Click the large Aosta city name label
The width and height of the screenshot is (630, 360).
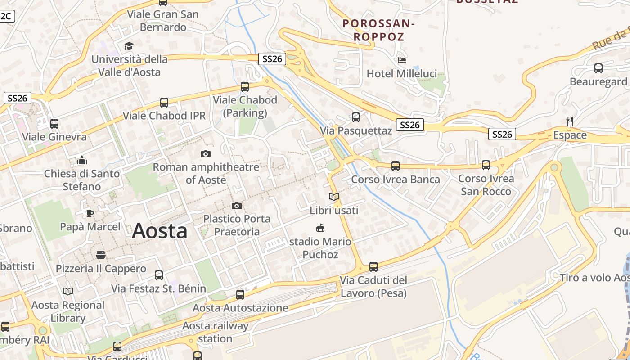coord(160,231)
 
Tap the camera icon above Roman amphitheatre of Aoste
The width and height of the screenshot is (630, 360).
coord(206,154)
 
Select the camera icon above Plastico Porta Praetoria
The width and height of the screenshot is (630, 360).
coord(237,206)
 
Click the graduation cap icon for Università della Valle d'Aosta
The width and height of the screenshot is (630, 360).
coord(129,46)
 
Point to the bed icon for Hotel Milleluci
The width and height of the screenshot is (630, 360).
coord(402,60)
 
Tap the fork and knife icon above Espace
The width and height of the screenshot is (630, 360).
coord(570,121)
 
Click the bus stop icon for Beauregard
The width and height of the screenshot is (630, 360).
coord(598,68)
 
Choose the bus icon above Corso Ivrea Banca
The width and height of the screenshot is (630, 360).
coord(396,166)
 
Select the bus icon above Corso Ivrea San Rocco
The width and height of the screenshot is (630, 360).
coord(486,165)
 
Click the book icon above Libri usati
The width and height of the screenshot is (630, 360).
coord(334,197)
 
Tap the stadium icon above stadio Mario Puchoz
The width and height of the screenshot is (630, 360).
coord(320,228)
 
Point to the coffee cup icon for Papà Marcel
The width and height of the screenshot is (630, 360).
coord(90,213)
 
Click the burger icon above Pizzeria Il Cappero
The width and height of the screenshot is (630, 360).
coord(101,256)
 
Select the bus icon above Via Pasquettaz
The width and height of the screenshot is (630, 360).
coord(356,117)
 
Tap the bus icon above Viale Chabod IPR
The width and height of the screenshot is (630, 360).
coord(164,103)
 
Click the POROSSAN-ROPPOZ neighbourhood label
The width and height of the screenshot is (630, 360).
coord(378,30)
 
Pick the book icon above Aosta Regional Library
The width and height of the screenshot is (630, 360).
coord(68,292)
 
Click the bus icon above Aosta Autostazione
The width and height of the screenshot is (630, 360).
coord(240,295)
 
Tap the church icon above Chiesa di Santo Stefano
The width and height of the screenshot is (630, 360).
coord(82,160)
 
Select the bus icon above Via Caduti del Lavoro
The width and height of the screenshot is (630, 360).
coord(373,267)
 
